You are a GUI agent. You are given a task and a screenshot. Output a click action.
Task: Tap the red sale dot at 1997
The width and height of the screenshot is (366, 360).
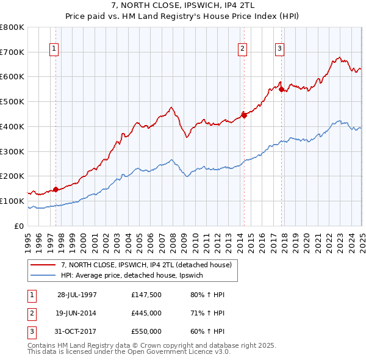[x=56, y=189]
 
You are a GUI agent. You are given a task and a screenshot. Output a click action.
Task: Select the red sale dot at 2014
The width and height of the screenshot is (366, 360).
[x=244, y=115]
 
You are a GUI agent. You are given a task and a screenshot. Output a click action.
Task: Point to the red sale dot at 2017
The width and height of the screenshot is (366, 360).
[x=281, y=89]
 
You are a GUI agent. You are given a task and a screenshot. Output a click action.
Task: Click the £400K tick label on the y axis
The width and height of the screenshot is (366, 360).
[x=12, y=126]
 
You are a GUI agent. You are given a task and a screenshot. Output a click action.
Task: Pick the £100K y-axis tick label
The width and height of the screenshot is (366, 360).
[x=12, y=201]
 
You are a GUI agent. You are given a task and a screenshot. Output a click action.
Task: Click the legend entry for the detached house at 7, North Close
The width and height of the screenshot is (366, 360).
[x=146, y=265]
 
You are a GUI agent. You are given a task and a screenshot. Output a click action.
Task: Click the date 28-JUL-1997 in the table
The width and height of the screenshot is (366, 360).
[x=77, y=295]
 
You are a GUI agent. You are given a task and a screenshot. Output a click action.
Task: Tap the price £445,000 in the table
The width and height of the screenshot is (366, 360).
[x=146, y=313]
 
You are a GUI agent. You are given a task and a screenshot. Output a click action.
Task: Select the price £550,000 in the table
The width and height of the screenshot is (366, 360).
[x=146, y=331]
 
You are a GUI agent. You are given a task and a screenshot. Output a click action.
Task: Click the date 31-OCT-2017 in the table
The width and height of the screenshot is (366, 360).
[x=77, y=331]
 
